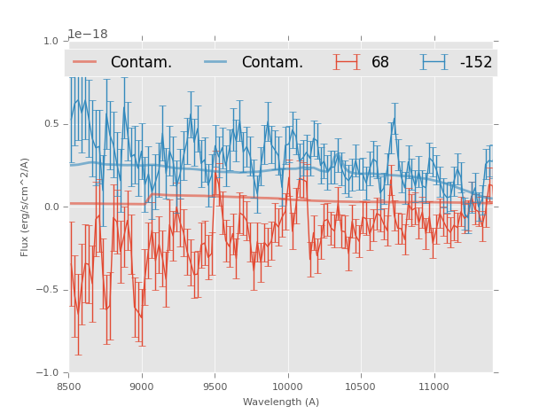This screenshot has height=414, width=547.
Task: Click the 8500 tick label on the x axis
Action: pos(68,387)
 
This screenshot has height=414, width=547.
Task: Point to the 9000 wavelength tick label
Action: pos(142,387)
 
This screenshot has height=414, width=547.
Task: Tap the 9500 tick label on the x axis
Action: pos(215,387)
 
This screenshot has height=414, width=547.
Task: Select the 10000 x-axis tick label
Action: pos(287,387)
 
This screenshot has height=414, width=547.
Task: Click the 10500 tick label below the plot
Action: pos(361,387)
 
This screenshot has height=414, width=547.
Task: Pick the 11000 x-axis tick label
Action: pos(434,387)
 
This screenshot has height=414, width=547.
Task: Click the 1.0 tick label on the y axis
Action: pos(50,42)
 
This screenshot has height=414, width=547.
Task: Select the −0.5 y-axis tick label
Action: pos(47,290)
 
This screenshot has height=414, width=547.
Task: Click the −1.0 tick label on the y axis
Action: pos(47,373)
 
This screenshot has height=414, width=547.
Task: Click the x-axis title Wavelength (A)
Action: pos(281,402)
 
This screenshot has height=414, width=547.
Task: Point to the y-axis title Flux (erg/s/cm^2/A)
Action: pos(26,207)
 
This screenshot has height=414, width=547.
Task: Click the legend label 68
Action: pos(380,63)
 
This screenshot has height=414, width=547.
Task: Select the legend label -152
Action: pos(475,63)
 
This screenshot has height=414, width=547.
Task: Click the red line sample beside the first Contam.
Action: pos(86,62)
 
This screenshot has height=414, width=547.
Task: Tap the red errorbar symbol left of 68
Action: pos(347,62)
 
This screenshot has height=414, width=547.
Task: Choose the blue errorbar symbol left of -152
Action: pos(434,62)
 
